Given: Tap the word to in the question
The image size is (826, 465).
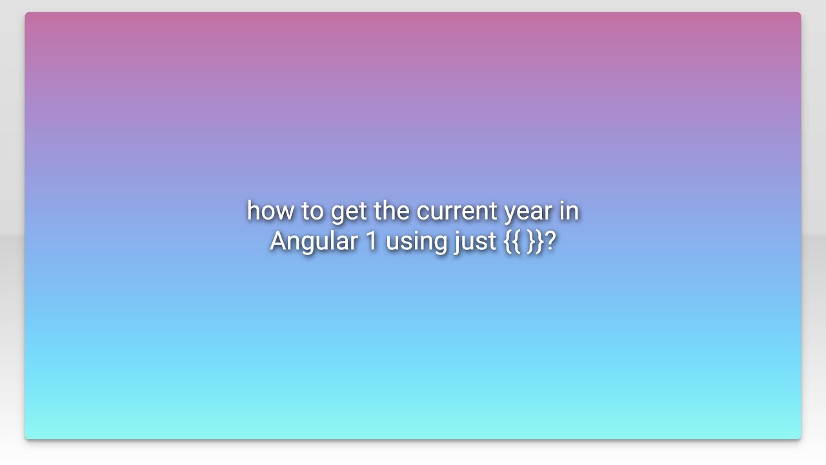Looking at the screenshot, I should (312, 211).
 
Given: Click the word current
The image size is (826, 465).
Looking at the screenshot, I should (457, 211).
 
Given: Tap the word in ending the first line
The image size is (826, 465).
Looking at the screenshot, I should (569, 211).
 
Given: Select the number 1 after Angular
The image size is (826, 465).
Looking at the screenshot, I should (371, 241).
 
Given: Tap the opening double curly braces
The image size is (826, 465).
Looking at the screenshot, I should (512, 242).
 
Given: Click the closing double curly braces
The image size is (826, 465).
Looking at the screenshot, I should (534, 242).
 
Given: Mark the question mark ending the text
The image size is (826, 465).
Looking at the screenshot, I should (550, 241).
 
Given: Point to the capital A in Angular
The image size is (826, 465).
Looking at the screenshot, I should (279, 241).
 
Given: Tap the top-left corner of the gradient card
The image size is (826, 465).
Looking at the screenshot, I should (27, 14).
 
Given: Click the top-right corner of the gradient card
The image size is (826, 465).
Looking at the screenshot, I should (799, 14).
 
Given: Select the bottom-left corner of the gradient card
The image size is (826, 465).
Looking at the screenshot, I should (27, 437).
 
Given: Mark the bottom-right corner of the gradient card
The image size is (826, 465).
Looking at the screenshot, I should (799, 437).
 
